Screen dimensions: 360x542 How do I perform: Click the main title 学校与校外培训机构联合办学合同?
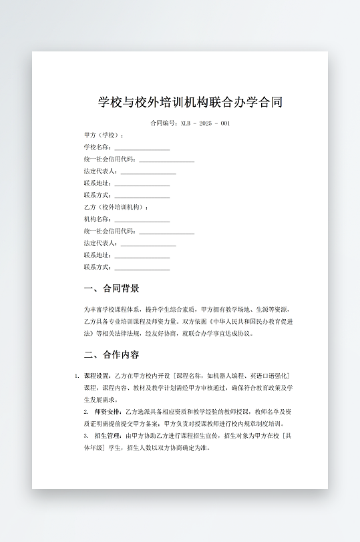190,102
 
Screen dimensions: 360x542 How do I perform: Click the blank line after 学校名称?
142,148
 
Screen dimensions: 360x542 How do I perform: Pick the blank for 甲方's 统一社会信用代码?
166,160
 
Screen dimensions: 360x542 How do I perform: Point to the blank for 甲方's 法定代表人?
148,172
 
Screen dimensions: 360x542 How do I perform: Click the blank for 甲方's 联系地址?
142,184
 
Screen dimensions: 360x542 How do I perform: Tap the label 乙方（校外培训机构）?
116,208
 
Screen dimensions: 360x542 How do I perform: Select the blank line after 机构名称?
142,220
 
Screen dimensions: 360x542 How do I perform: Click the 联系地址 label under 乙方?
98,256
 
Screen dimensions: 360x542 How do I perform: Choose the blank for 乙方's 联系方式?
142,268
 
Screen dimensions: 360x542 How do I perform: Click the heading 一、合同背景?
112,289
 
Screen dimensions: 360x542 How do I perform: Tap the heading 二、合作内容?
112,354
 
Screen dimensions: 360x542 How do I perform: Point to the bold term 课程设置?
98,376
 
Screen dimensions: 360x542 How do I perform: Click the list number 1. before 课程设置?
77,376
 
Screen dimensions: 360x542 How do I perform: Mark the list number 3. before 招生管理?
86,436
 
